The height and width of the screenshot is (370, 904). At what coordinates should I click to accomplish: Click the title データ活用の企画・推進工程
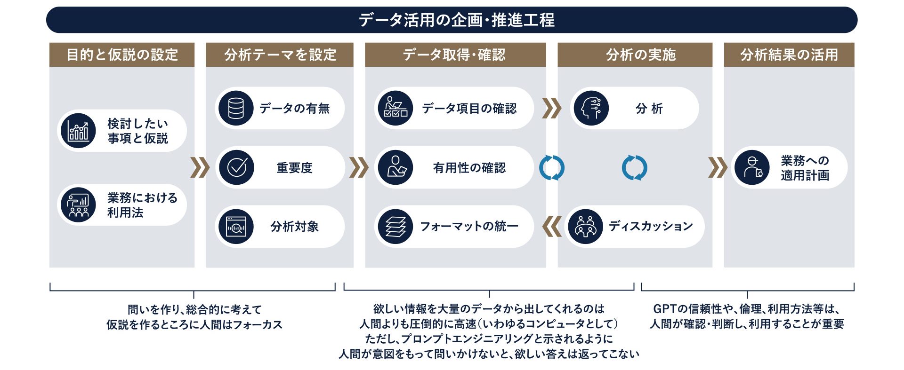tap(456, 20)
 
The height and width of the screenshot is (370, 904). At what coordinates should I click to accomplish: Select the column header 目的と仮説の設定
tap(122, 55)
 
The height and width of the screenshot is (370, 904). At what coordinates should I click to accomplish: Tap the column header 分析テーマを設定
tap(280, 55)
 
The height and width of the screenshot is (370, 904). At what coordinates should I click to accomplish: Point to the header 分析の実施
tap(641, 55)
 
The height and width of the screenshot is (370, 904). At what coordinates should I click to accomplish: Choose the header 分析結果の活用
tap(789, 55)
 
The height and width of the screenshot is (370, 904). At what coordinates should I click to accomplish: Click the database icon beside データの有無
tap(236, 108)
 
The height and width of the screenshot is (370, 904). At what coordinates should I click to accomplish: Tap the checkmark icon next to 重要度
tap(236, 167)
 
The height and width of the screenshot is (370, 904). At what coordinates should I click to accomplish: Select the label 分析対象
tap(294, 227)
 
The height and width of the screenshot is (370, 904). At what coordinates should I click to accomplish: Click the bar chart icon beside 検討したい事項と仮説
tap(78, 131)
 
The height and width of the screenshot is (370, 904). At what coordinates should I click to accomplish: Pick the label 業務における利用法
tap(142, 205)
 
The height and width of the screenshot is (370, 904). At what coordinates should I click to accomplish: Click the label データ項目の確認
tap(469, 109)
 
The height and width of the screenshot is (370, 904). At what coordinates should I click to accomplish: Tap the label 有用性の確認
tap(469, 168)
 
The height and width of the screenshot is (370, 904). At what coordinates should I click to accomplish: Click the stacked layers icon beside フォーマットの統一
tap(395, 227)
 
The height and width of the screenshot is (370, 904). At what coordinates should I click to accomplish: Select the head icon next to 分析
tap(591, 108)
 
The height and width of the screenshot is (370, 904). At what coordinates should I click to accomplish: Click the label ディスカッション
tap(651, 226)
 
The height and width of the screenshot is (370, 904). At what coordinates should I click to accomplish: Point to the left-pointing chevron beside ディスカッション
tap(551, 227)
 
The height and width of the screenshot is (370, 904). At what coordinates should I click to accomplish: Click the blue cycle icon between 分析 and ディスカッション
tap(634, 168)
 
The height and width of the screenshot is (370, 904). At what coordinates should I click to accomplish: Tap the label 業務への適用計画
tap(805, 168)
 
